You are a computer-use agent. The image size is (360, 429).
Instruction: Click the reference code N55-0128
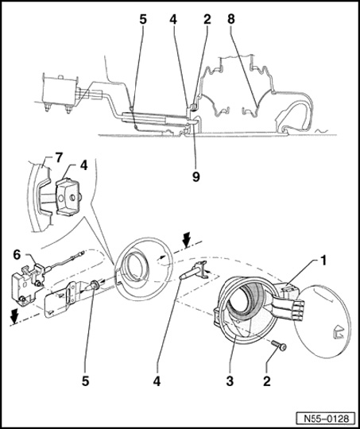click(x=327, y=419)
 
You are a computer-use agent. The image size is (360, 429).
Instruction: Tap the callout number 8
click(x=231, y=19)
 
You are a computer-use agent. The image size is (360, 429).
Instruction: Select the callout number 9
click(x=195, y=177)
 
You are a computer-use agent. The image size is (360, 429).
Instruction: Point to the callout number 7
click(x=59, y=158)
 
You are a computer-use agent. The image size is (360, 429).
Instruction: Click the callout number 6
click(x=17, y=255)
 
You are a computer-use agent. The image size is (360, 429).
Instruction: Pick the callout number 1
click(x=323, y=261)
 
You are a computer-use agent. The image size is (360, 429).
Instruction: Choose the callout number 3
click(x=230, y=381)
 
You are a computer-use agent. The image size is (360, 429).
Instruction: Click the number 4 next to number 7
click(x=83, y=165)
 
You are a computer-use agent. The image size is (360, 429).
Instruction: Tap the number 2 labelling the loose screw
click(x=267, y=381)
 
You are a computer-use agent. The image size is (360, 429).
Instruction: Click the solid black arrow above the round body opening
click(x=187, y=239)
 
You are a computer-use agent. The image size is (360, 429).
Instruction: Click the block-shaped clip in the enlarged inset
click(x=68, y=195)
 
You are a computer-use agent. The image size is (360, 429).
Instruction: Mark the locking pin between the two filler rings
click(x=193, y=270)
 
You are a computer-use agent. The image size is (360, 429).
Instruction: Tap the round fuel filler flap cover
click(x=322, y=321)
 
